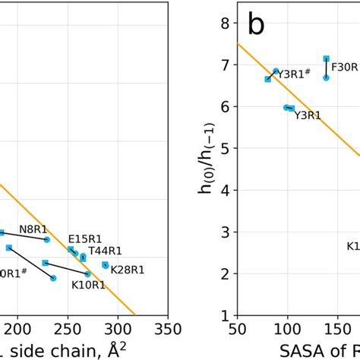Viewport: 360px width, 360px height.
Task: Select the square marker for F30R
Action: pos(326,58)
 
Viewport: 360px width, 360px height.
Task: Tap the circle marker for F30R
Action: pos(326,77)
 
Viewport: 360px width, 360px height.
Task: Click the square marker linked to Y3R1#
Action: pos(267,79)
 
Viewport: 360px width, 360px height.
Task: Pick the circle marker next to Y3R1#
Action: pos(276,71)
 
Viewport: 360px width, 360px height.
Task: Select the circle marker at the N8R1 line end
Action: pos(47,239)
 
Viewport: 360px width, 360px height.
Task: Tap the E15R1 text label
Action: pos(84,238)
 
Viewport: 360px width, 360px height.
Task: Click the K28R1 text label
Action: pos(127,269)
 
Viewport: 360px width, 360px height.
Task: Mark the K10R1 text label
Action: pos(88,286)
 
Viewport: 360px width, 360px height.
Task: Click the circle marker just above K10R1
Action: pos(87,274)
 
